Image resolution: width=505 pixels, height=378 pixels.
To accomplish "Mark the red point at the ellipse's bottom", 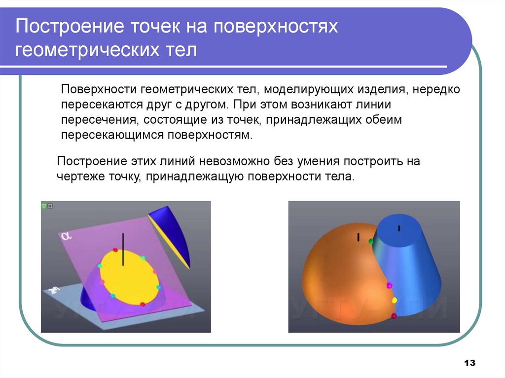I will pos(143,304).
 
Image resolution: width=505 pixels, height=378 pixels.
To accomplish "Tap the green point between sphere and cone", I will pos(371,241).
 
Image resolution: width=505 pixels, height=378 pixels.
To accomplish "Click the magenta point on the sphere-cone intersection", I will pos(389,285).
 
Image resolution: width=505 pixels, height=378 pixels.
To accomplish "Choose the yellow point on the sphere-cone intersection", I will pos(394,300).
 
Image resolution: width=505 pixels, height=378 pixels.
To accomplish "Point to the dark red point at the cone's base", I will pos(394,316).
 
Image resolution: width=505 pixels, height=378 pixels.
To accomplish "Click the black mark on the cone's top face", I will pos(398,228).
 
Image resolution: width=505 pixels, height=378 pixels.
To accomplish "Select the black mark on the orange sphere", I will pos(359,237).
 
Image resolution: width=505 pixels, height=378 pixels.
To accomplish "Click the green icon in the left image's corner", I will pos(43,206).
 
